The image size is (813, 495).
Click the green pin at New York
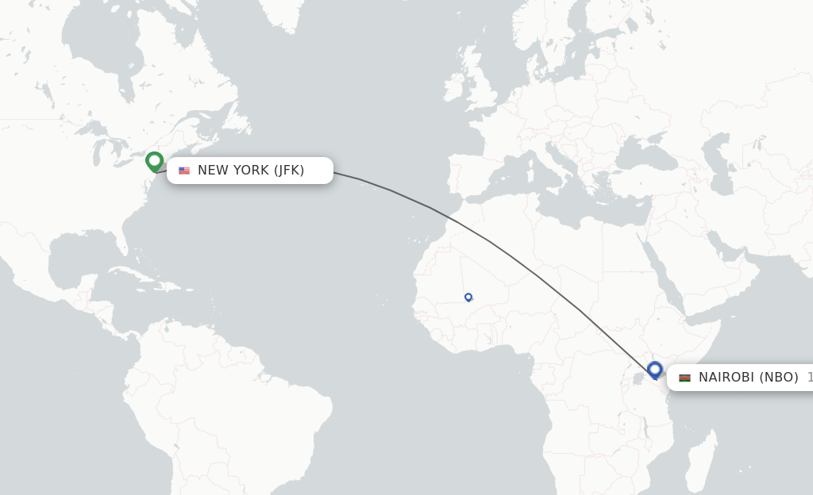tap(154, 161)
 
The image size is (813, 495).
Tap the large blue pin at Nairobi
tap(654, 370)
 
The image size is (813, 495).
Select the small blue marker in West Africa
tap(468, 297)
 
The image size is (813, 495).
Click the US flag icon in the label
tap(184, 171)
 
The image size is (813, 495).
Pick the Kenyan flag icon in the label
tap(684, 378)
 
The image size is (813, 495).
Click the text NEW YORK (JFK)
tap(251, 171)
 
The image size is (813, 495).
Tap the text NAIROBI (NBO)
tap(748, 378)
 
